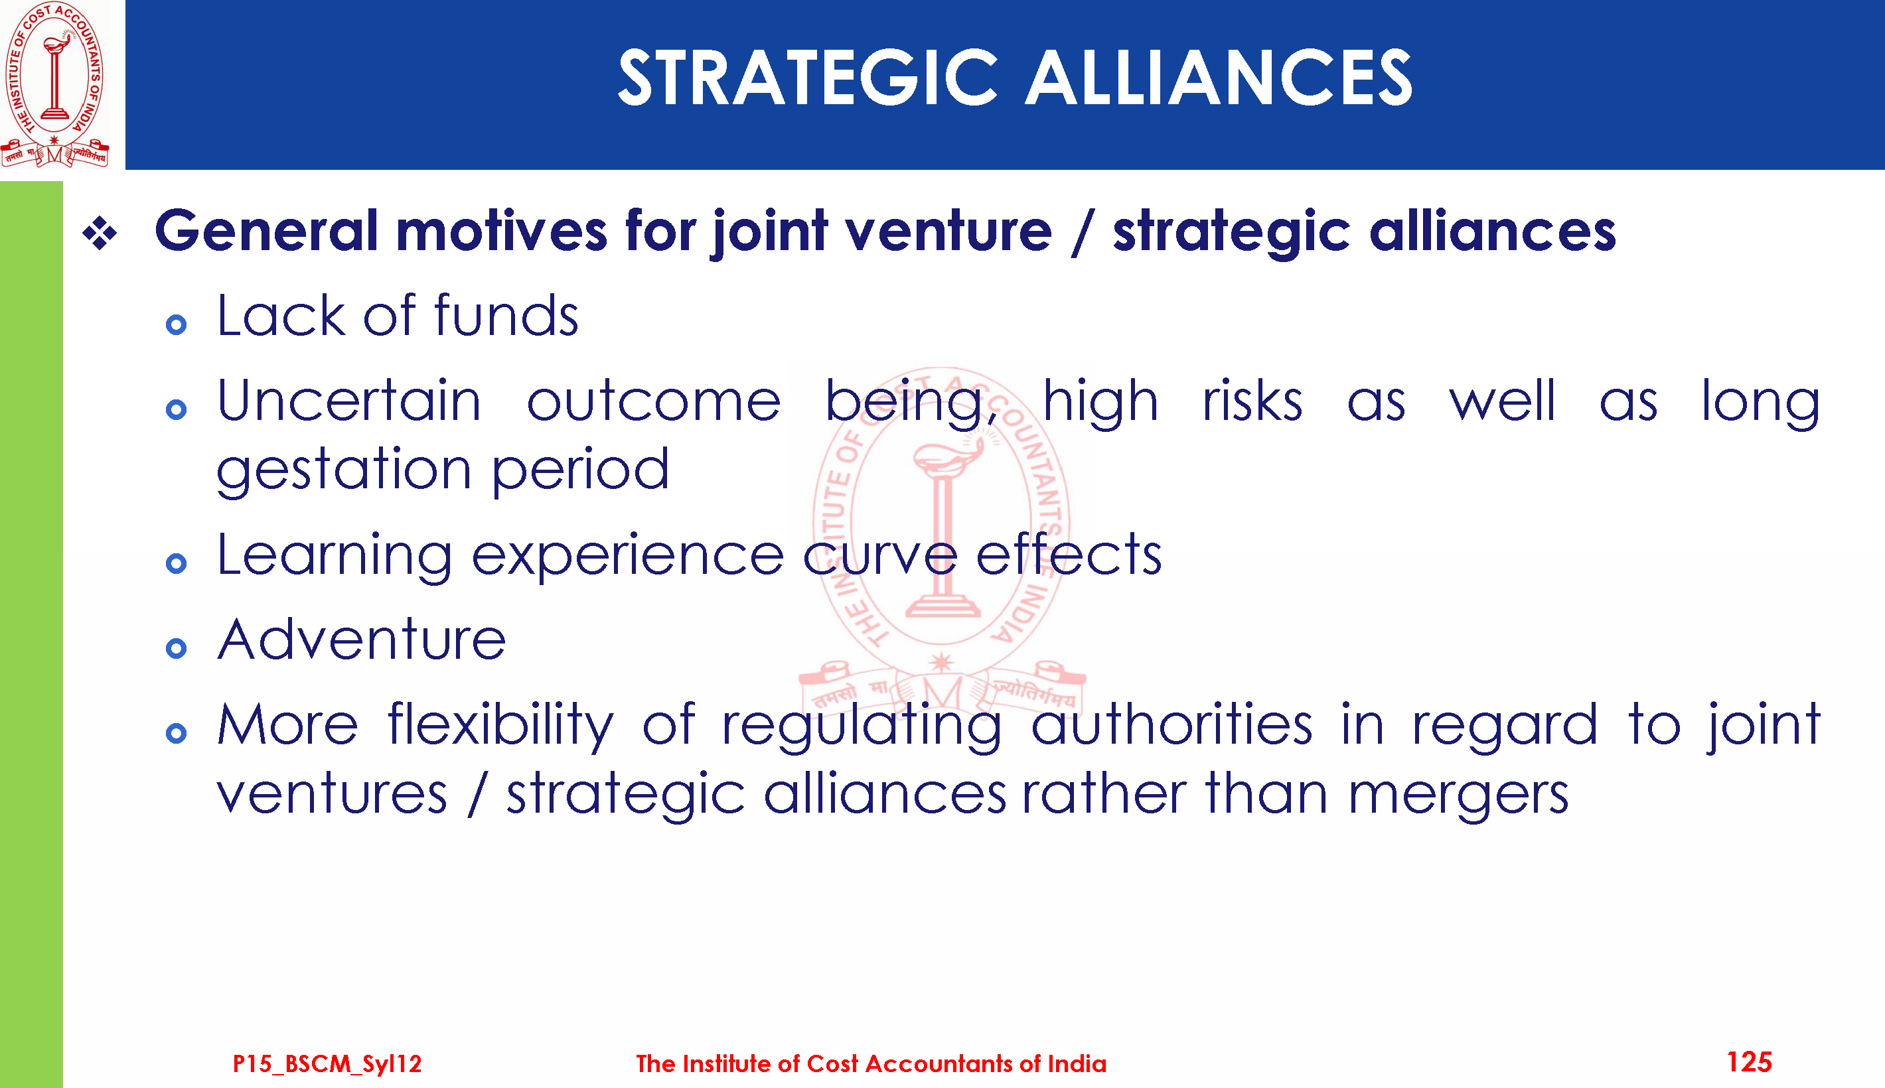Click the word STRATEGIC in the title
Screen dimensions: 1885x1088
pyautogui.click(x=808, y=78)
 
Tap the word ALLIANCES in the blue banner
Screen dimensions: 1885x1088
pyautogui.click(x=1219, y=78)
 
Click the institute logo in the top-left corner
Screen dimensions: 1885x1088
pyautogui.click(x=54, y=84)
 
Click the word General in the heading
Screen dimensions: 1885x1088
pyautogui.click(x=267, y=231)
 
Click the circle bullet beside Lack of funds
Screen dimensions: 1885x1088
pyautogui.click(x=177, y=324)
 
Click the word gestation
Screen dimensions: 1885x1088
pyautogui.click(x=344, y=472)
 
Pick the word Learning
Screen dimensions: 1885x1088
pyautogui.click(x=335, y=557)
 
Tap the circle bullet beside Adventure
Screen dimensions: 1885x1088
pyautogui.click(x=177, y=648)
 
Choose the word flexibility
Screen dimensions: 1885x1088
pyautogui.click(x=500, y=726)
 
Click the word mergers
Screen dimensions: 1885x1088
pyautogui.click(x=1458, y=795)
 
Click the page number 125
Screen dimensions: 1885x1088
pyautogui.click(x=1749, y=1062)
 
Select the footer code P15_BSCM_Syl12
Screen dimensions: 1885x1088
pyautogui.click(x=327, y=1063)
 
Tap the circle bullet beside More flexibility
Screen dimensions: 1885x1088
pyautogui.click(x=177, y=733)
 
